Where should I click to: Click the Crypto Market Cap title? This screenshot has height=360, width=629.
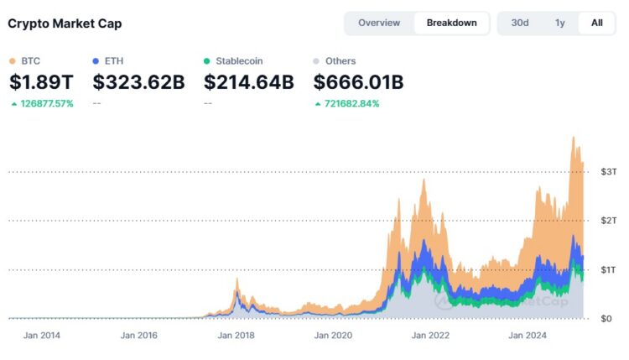pos(65,23)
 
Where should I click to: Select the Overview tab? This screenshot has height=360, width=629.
pos(379,23)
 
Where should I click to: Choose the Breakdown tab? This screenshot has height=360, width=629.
pos(452,23)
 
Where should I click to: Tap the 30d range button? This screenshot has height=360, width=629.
pos(520,23)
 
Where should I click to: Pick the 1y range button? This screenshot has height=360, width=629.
pos(560,23)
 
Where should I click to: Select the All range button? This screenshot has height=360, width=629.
pos(597,23)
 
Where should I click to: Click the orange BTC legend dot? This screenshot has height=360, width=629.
pos(13,61)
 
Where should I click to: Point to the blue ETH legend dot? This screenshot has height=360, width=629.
pos(96,61)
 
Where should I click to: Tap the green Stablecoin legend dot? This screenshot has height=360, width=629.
pos(206,61)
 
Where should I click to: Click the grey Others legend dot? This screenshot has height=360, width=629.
pos(316,61)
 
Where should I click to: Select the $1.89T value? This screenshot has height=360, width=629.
pos(41,82)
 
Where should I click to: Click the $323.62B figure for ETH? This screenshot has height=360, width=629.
pos(138,82)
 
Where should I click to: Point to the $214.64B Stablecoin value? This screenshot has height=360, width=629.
pos(249,82)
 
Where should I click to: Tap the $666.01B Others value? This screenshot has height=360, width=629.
pos(358,82)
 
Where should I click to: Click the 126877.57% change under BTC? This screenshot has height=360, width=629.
pos(47,104)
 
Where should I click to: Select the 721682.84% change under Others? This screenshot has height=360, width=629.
pos(351,104)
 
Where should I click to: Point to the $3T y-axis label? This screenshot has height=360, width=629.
pos(609,172)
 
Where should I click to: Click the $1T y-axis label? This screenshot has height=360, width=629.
pos(608,269)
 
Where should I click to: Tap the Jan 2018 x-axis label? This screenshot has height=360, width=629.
pos(236,335)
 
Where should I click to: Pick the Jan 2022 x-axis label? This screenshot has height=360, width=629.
pos(430,335)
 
